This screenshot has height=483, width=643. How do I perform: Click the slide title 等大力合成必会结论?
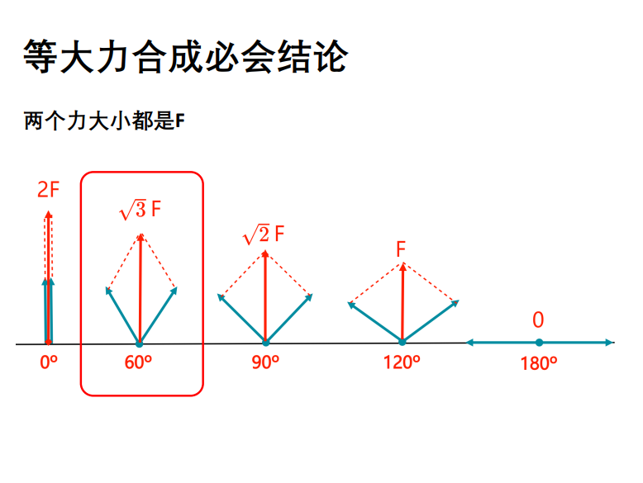click(185, 56)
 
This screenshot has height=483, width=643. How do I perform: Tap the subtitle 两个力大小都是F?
click(104, 121)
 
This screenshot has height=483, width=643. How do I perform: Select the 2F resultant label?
click(49, 190)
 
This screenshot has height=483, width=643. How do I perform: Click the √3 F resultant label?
click(140, 211)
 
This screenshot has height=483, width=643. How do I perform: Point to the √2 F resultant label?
click(264, 234)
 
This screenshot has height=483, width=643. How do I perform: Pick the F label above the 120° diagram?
click(401, 249)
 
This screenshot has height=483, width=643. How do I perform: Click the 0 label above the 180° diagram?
click(538, 320)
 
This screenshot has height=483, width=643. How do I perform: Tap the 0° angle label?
click(49, 362)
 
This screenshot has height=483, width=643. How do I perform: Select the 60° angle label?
click(138, 362)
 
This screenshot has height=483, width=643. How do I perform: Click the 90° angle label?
click(265, 362)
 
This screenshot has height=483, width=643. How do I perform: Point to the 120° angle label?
click(402, 362)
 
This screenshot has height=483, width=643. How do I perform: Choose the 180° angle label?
click(538, 363)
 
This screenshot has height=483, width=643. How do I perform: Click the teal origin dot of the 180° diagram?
click(539, 343)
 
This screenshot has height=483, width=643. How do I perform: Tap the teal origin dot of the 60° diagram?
click(140, 343)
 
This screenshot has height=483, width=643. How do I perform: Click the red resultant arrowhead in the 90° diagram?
click(265, 254)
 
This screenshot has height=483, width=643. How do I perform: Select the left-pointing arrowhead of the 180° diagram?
click(470, 343)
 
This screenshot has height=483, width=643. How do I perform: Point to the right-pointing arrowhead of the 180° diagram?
click(609, 343)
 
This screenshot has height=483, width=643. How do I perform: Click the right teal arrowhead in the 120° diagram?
click(455, 304)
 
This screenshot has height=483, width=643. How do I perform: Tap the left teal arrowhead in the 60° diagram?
click(108, 291)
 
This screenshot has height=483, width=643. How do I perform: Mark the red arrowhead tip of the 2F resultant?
click(49, 211)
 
